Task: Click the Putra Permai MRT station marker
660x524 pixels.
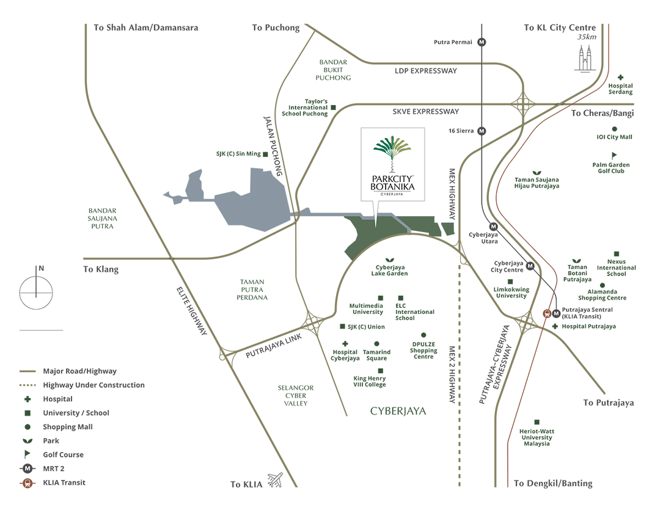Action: pos(482,42)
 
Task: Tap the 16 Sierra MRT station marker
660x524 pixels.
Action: pos(482,131)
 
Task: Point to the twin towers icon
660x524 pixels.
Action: pos(585,57)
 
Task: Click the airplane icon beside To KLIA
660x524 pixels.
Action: pos(276,481)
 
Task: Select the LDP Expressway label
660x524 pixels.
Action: pos(426,71)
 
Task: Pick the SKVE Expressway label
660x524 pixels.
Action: pos(426,112)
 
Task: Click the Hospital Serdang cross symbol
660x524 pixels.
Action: pos(620,78)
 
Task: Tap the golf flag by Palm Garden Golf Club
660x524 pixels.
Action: pos(614,156)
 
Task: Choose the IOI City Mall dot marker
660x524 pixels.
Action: pos(614,129)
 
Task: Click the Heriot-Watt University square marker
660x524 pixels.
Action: pos(537,422)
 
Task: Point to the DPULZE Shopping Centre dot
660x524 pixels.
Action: pos(424,335)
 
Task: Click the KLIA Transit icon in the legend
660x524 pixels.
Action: pos(27,482)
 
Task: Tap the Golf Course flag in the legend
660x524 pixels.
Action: pos(27,454)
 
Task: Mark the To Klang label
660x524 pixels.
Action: pos(101,269)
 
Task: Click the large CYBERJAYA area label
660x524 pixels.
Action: pos(398,411)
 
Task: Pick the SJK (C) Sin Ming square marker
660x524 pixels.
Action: pos(266,155)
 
